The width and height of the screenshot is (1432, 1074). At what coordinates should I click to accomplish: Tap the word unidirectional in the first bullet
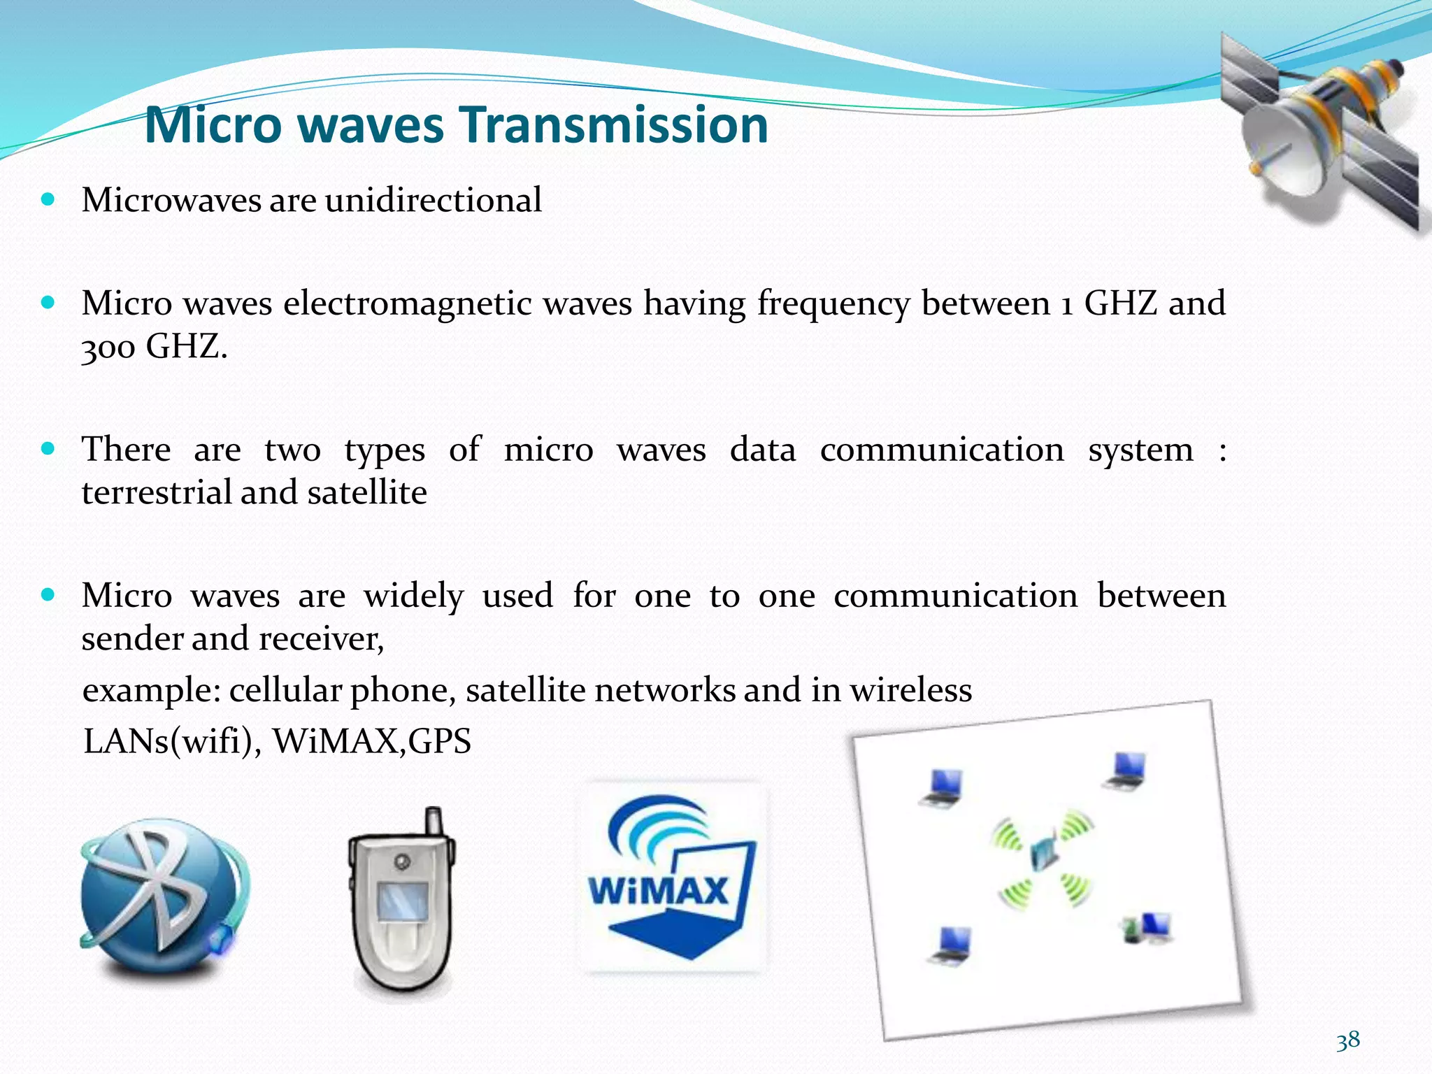(433, 200)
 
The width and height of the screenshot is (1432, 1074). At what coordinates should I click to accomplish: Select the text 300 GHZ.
(154, 345)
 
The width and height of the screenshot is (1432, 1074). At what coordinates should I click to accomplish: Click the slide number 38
(1347, 1040)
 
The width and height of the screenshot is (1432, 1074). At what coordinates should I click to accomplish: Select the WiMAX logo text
(658, 891)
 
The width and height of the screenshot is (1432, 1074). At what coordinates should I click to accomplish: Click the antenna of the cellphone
(434, 822)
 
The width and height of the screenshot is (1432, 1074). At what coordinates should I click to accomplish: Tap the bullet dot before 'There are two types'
(48, 449)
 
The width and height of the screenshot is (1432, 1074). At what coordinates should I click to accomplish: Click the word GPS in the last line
(440, 741)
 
